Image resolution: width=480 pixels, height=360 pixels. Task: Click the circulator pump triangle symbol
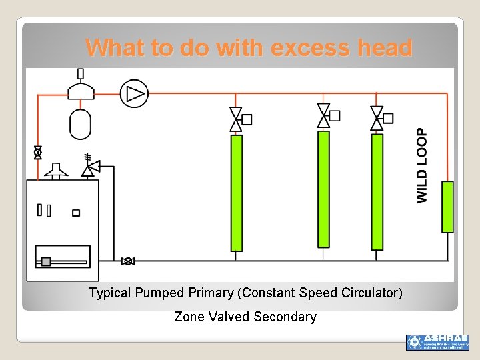tap(135, 94)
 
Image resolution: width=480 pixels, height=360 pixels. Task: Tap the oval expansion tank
tap(80, 123)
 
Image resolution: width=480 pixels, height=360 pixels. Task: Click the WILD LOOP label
tap(423, 165)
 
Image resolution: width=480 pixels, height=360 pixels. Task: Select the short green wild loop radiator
tap(447, 207)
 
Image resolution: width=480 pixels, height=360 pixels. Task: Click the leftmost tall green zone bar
tap(236, 193)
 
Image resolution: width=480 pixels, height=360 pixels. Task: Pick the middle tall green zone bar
tap(323, 189)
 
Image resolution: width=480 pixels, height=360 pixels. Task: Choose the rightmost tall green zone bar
tap(377, 192)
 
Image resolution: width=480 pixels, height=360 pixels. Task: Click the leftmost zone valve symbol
tap(236, 119)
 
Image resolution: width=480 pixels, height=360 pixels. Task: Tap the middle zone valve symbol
tap(324, 115)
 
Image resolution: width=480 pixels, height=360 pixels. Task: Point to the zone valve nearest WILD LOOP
tap(377, 118)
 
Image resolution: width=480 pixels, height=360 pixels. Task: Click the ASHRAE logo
tap(437, 342)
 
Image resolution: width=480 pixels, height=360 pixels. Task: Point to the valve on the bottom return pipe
tap(128, 261)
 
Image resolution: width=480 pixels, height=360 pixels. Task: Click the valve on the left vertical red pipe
tap(38, 153)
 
